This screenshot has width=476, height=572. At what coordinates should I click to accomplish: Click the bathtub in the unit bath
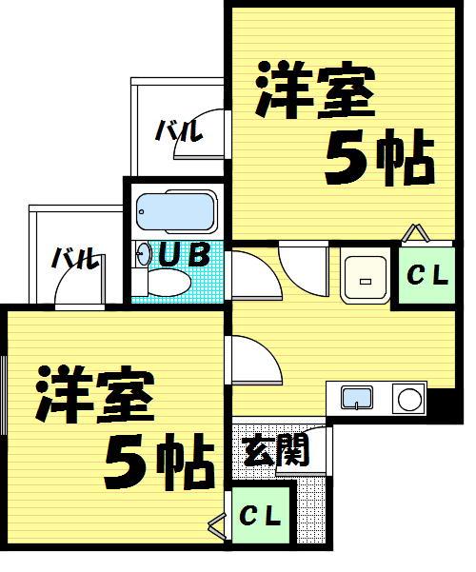(x=176, y=211)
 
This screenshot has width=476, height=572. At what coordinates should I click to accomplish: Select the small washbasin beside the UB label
(x=143, y=254)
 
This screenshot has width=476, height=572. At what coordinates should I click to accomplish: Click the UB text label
(x=185, y=254)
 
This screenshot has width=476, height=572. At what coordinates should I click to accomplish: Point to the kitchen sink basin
(x=357, y=398)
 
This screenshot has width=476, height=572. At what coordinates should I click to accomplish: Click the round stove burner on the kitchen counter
(x=409, y=400)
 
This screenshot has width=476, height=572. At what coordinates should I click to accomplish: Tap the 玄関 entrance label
(x=276, y=452)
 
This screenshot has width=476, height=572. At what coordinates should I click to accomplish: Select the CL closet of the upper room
(x=426, y=275)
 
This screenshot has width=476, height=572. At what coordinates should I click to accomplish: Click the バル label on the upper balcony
(x=179, y=131)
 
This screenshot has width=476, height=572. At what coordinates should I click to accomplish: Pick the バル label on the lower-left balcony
(x=75, y=258)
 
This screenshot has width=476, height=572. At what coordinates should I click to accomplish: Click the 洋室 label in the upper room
(x=315, y=90)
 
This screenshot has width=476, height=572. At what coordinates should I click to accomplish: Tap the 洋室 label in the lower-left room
(x=95, y=394)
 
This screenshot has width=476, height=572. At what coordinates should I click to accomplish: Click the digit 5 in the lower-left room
(x=125, y=462)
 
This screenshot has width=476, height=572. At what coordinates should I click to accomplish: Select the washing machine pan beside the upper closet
(x=365, y=276)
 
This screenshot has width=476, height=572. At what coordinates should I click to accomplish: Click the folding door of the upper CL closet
(x=416, y=233)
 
